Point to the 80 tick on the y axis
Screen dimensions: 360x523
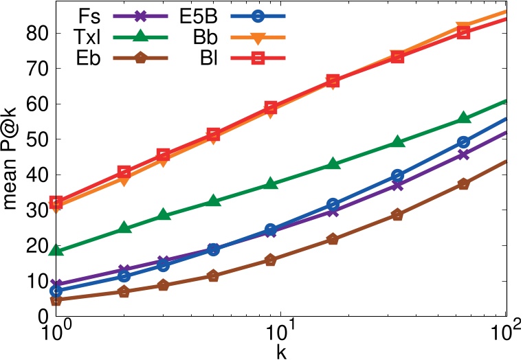(38, 33)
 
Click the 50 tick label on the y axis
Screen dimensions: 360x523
(38, 139)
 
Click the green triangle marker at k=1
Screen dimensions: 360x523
(57, 250)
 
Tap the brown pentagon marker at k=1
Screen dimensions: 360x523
(57, 300)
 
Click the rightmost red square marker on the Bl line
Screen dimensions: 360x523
(463, 32)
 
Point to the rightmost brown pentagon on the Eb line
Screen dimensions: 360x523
(463, 183)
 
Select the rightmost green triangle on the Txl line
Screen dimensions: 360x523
(463, 118)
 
